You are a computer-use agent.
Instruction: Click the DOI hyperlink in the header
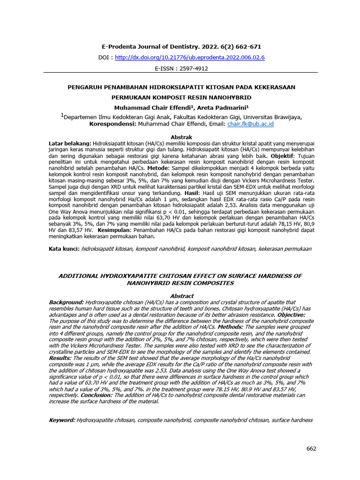click(189, 57)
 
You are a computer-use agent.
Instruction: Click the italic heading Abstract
click(181, 296)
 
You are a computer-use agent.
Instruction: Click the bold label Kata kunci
click(64, 248)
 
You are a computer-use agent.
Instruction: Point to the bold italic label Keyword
click(62, 420)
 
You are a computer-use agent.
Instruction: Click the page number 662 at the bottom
click(311, 449)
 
